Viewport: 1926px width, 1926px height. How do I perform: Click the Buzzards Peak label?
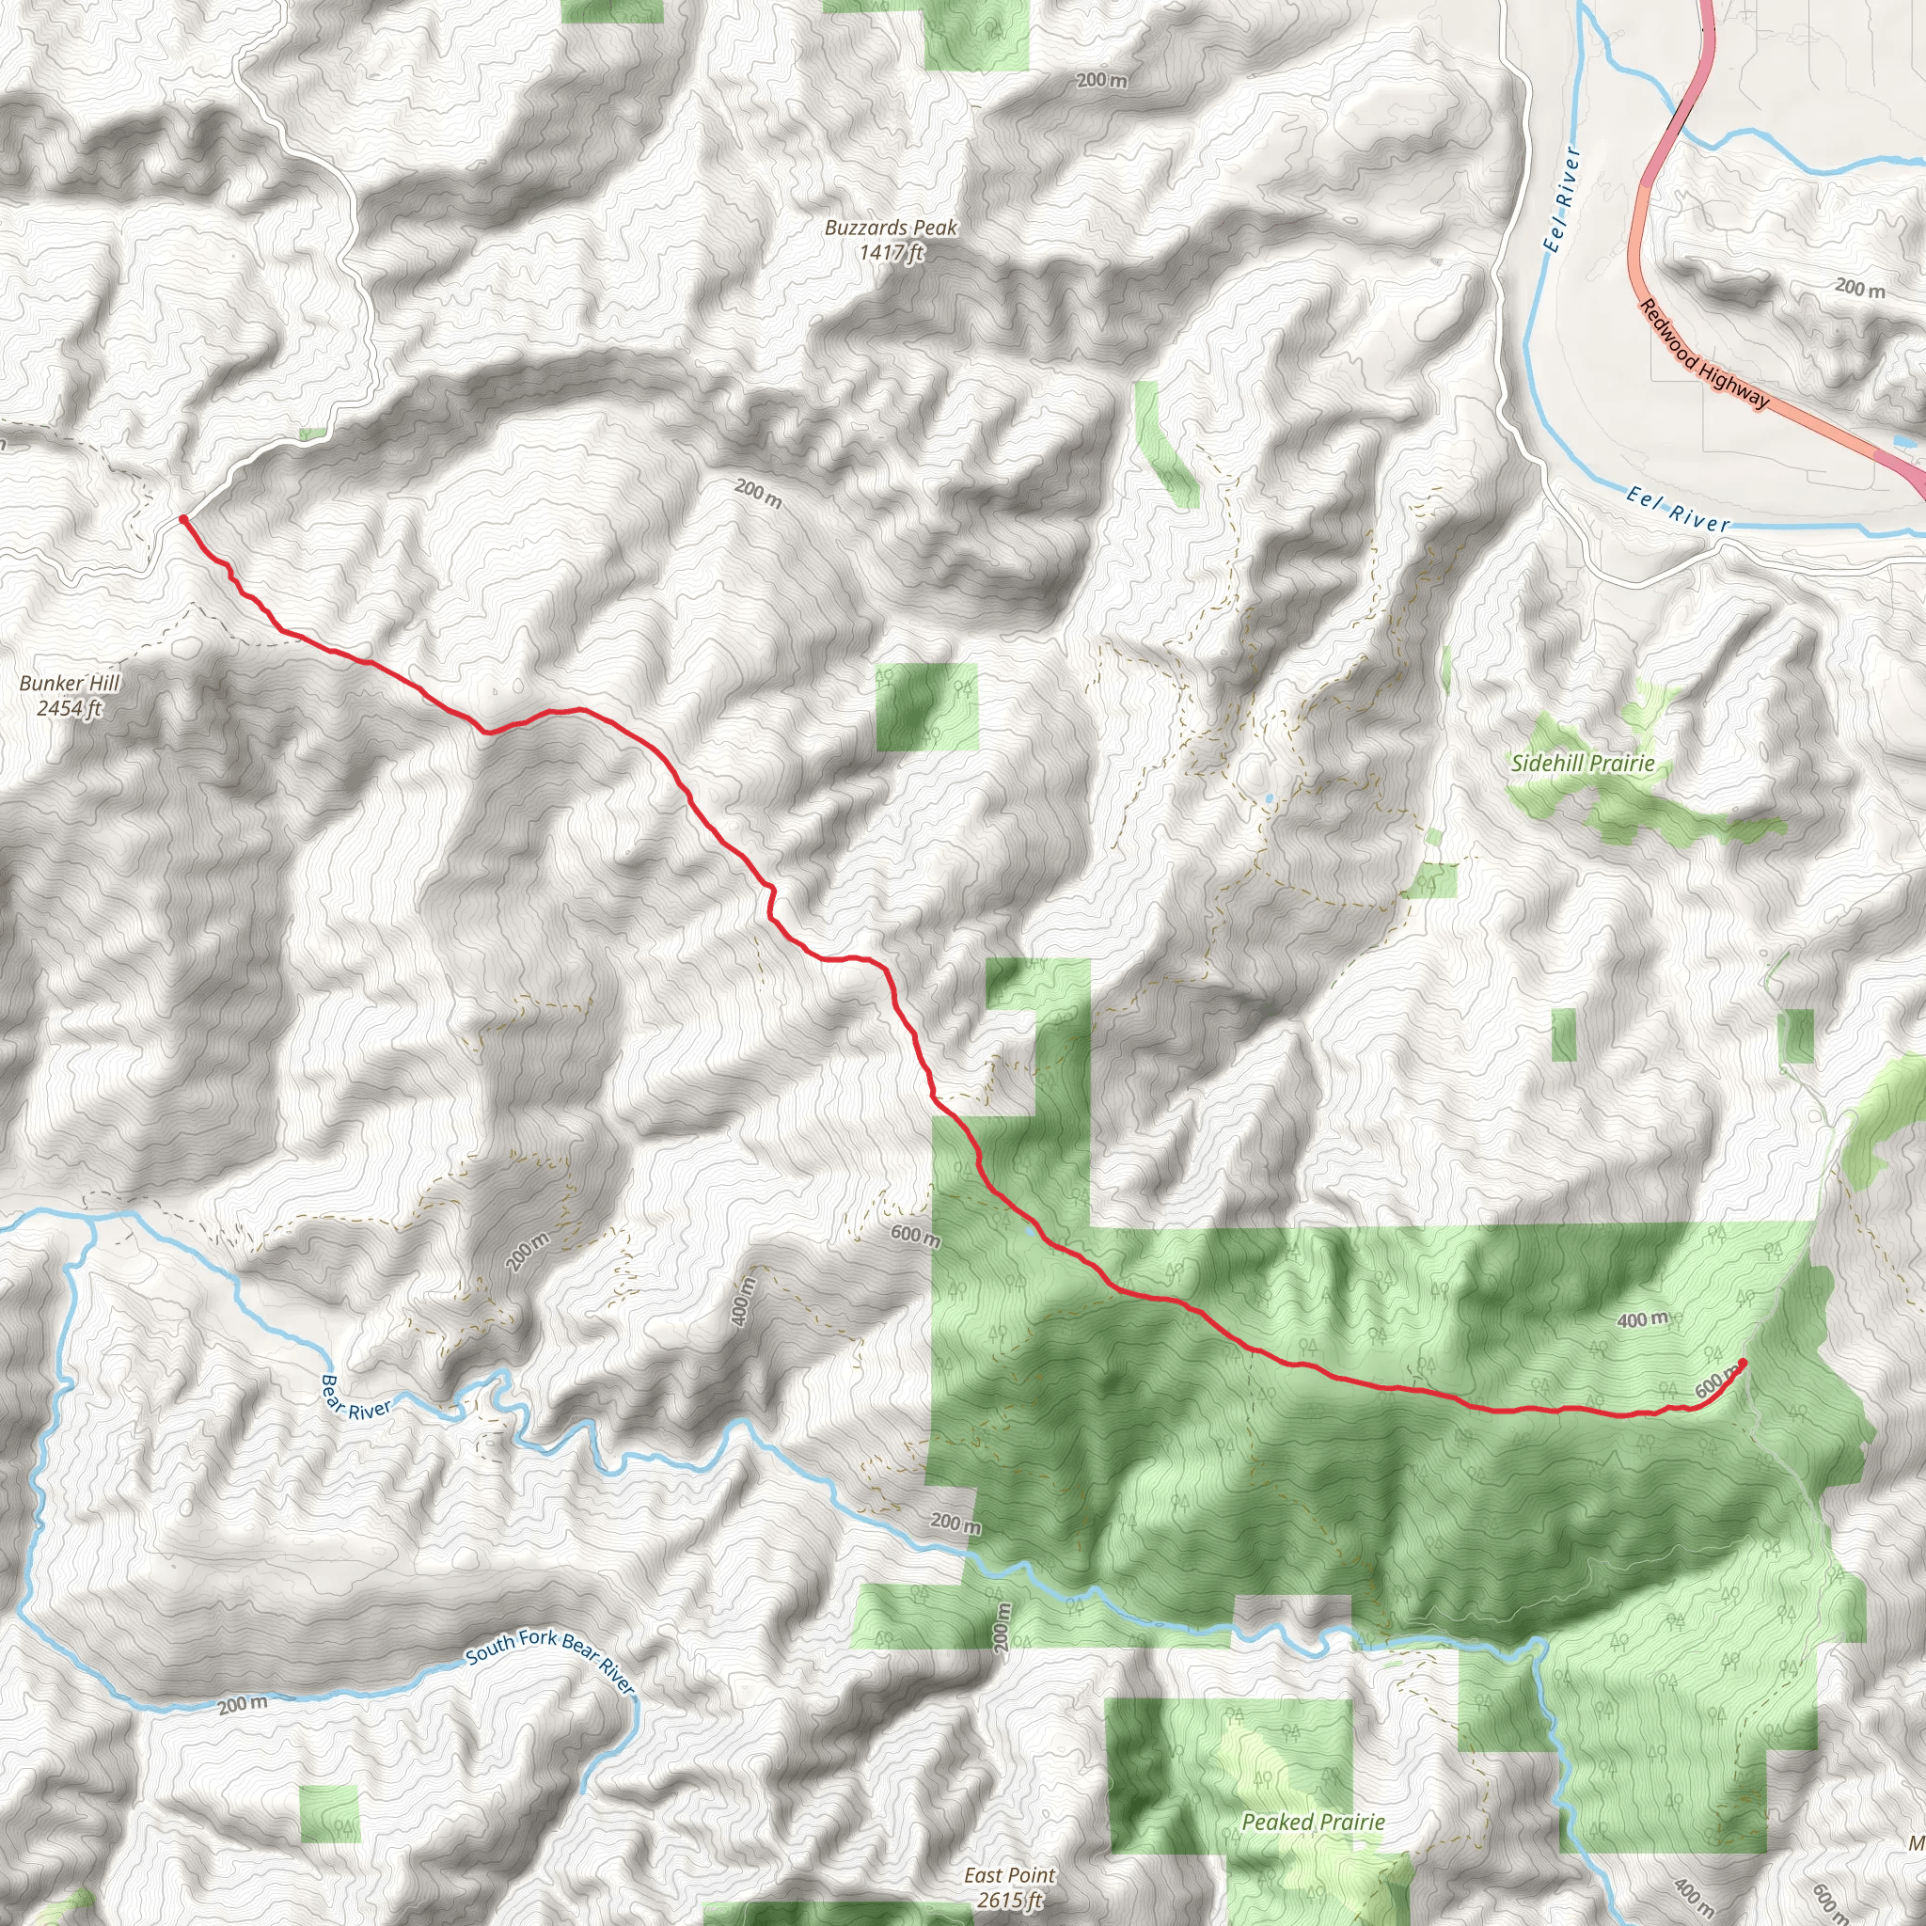891,228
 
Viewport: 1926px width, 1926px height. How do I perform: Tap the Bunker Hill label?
70,683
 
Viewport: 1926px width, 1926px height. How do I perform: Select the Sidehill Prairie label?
1582,764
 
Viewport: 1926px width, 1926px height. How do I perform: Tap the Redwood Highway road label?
1704,354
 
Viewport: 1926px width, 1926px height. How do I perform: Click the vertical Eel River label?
1561,199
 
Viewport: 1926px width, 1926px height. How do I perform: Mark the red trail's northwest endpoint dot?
183,519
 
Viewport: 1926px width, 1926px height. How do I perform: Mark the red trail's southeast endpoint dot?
1743,1363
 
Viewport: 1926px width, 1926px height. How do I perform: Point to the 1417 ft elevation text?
892,252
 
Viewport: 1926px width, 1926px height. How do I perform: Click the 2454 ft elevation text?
70,709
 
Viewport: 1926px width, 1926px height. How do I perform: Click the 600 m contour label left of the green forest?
915,1236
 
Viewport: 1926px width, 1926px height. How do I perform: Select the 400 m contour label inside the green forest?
1642,1319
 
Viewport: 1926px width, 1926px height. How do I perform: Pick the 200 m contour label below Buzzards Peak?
758,493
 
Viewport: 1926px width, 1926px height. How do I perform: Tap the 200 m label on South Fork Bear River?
243,1704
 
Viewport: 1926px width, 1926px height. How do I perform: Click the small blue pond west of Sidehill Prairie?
1268,798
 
